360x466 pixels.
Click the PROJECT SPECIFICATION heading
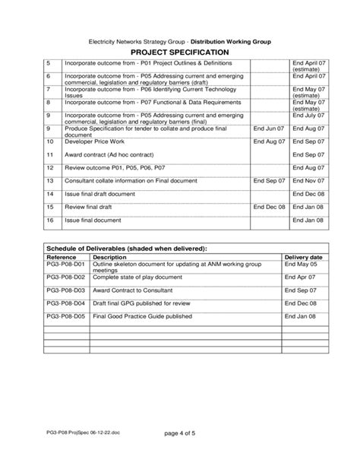pos(180,51)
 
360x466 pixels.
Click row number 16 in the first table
pos(50,220)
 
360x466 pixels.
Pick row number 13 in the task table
pos(50,181)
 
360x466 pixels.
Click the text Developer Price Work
pos(93,141)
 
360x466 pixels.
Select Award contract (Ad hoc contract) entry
pos(106,155)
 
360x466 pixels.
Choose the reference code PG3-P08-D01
pos(67,265)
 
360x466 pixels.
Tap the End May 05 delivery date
pos(302,265)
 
